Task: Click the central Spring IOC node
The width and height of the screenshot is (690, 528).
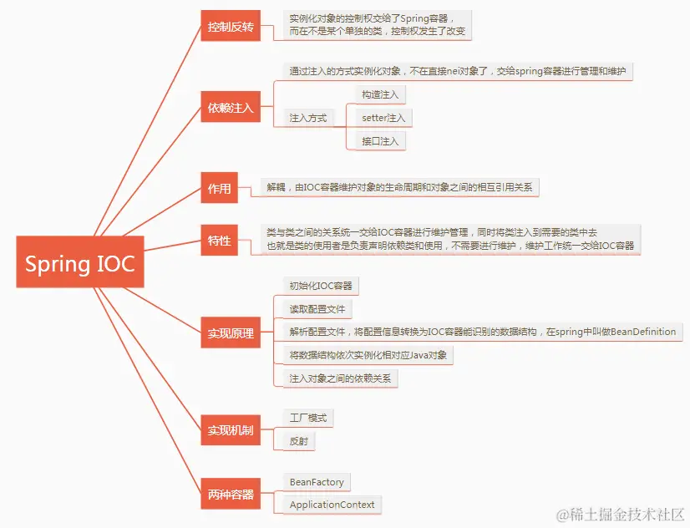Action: [x=79, y=264]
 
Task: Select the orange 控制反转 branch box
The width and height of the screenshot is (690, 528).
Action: [x=231, y=26]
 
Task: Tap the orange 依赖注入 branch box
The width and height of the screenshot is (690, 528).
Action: [x=231, y=108]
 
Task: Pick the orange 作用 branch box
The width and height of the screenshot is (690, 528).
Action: [x=220, y=188]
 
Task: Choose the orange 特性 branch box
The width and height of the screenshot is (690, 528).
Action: [x=220, y=241]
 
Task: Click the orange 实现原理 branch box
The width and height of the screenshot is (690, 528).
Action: [x=231, y=333]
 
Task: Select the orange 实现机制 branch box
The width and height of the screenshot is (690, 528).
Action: [x=231, y=430]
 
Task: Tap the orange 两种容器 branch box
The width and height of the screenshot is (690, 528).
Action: [x=231, y=494]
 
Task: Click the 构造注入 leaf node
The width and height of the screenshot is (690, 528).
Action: [x=380, y=94]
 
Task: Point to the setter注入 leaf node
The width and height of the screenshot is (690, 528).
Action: [x=383, y=118]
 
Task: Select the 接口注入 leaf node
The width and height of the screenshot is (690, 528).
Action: [x=380, y=140]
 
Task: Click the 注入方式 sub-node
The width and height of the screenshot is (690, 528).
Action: [x=308, y=118]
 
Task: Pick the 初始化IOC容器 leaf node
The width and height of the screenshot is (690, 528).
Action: [x=321, y=286]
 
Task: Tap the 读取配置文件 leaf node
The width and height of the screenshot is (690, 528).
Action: [x=317, y=309]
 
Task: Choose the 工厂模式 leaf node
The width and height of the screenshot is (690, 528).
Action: [x=308, y=417]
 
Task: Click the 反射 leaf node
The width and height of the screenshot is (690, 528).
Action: [x=299, y=440]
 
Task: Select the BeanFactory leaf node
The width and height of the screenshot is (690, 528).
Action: [x=317, y=482]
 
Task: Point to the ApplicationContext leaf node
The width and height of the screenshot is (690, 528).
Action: [x=332, y=505]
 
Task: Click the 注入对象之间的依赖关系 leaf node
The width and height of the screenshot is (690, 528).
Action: [x=340, y=378]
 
